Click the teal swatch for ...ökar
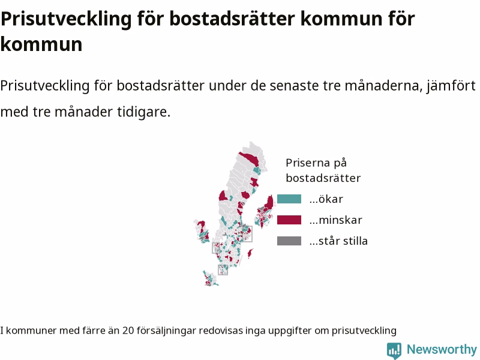(x=289, y=199)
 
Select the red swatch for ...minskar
(x=289, y=220)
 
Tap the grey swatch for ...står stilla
(x=289, y=241)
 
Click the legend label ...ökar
(x=326, y=199)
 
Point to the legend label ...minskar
(x=335, y=220)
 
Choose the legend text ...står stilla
(x=338, y=241)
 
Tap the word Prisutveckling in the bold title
(x=66, y=19)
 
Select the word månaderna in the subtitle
(x=383, y=85)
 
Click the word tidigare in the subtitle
(x=143, y=112)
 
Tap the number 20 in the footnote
(x=128, y=331)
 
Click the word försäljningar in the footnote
(x=166, y=331)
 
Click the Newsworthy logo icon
(x=394, y=350)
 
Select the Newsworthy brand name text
(x=442, y=349)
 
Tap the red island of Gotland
(x=250, y=253)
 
